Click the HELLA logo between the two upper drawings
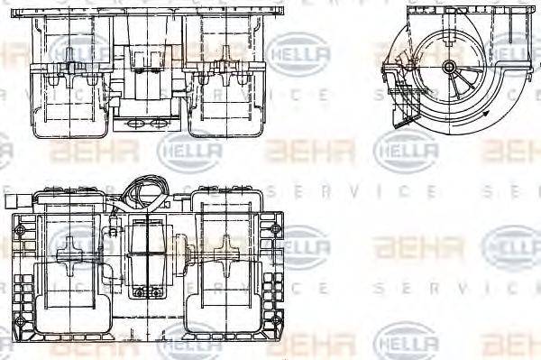298,49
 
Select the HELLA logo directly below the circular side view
405,148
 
